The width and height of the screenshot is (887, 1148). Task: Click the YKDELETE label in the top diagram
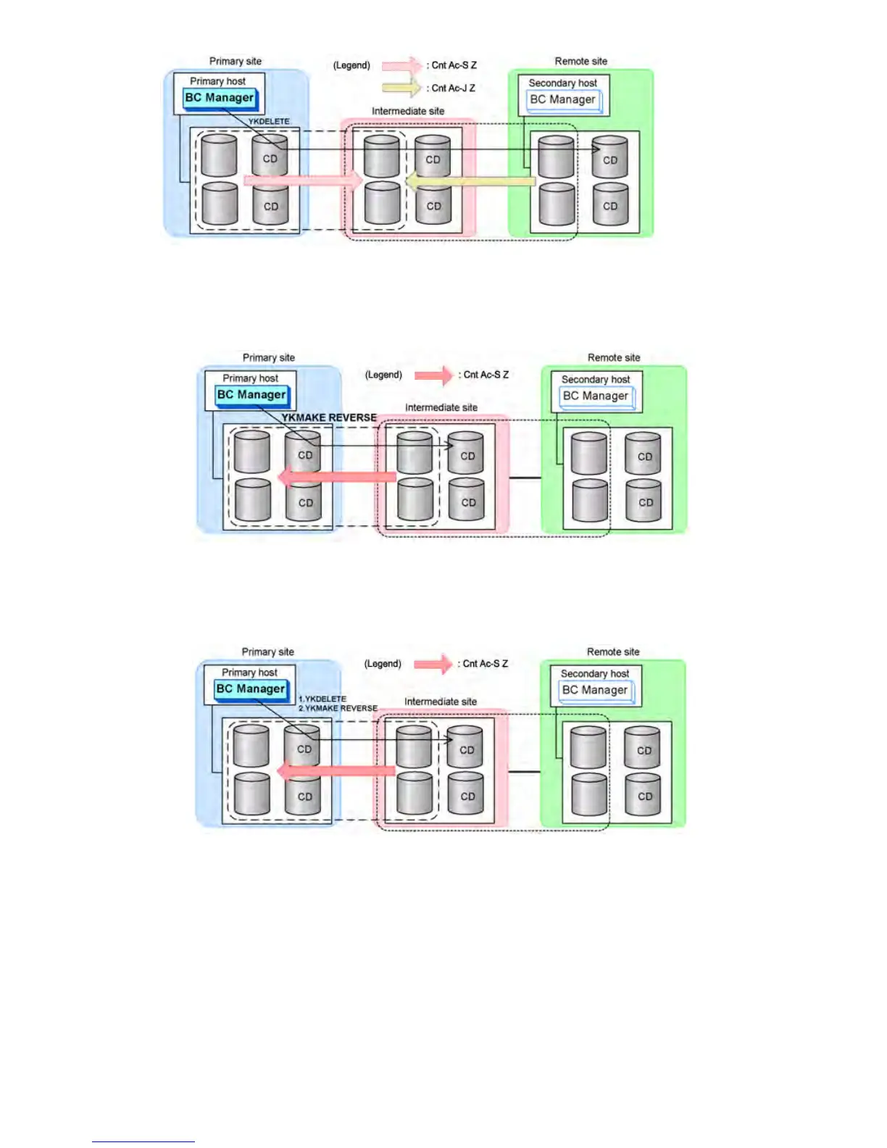point(269,121)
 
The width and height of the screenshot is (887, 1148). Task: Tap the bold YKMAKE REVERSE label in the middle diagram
point(329,417)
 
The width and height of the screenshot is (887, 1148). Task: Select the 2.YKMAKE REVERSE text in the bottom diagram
point(338,708)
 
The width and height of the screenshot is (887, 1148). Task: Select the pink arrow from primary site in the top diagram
point(302,180)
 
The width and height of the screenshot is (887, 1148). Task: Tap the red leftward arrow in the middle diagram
point(337,477)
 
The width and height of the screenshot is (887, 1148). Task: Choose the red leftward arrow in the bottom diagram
point(337,771)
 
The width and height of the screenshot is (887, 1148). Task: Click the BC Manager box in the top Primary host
point(220,98)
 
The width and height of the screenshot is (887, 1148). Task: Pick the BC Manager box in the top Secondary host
point(563,100)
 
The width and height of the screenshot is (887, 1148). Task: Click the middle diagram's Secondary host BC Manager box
point(596,396)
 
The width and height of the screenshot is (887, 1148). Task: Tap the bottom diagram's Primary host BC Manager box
point(251,689)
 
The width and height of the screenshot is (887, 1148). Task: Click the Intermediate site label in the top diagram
point(408,111)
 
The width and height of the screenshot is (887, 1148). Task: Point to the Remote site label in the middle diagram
point(614,357)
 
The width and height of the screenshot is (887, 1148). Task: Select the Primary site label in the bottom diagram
point(268,652)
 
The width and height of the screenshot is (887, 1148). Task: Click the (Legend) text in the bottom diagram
point(383,663)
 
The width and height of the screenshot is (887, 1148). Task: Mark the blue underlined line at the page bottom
point(143,1141)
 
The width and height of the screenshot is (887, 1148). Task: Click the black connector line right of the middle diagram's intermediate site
point(525,478)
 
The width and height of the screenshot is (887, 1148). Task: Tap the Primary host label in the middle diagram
point(250,378)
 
